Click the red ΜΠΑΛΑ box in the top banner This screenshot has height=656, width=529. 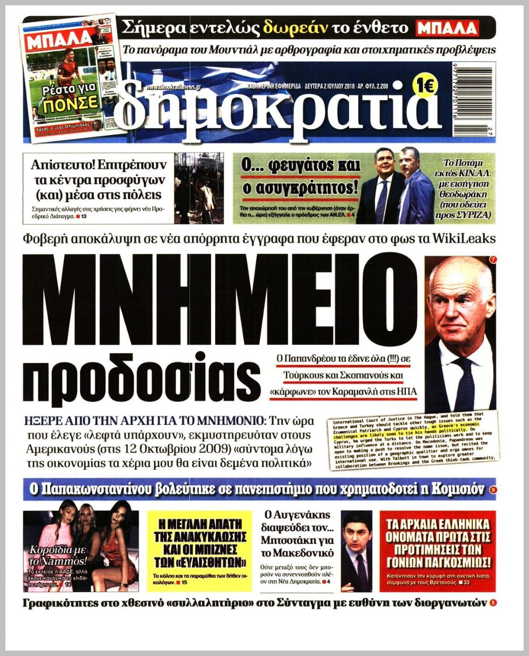(x=447, y=28)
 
